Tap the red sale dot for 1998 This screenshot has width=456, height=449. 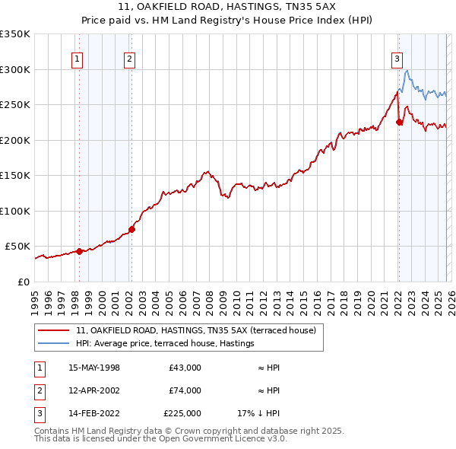click(79, 251)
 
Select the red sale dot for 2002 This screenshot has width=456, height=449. click(131, 229)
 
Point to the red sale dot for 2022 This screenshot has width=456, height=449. click(399, 122)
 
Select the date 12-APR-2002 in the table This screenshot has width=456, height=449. click(94, 390)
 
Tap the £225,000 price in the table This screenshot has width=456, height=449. click(182, 413)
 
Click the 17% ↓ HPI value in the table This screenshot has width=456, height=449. click(258, 413)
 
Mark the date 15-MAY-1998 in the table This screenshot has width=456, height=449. click(94, 368)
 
